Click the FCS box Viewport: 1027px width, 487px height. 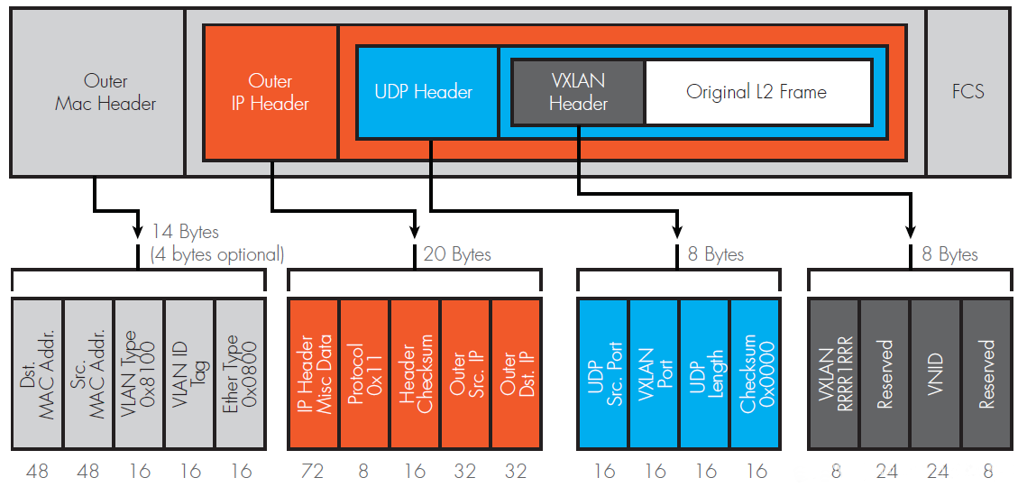[967, 92]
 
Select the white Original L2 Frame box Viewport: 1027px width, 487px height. [757, 92]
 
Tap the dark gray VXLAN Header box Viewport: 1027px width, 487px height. [578, 92]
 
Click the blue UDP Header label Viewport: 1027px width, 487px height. [424, 92]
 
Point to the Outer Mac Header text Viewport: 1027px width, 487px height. [105, 92]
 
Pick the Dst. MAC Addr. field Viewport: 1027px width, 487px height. [38, 373]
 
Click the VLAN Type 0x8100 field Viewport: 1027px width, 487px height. [139, 373]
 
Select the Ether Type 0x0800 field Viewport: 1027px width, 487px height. [240, 373]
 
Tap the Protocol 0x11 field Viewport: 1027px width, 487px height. [364, 373]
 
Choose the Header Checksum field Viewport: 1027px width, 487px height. [415, 373]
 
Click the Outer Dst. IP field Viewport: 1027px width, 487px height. [516, 373]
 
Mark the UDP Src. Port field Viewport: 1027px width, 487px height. [603, 373]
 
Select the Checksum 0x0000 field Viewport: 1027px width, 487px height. [756, 373]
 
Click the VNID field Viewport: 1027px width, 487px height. [935, 373]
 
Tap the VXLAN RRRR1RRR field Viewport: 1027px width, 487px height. [834, 373]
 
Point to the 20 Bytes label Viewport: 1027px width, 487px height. [457, 254]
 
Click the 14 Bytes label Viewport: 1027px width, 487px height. [185, 233]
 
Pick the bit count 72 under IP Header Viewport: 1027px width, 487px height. [313, 470]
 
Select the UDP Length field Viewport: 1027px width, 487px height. [705, 373]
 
